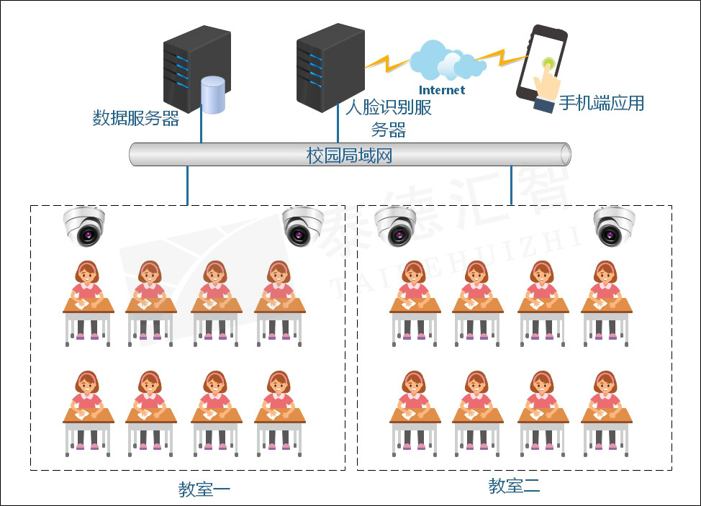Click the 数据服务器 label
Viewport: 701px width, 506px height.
click(x=136, y=119)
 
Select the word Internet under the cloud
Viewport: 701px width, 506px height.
click(x=442, y=90)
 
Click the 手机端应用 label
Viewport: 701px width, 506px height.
click(x=602, y=104)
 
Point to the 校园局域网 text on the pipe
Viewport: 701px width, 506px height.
click(x=350, y=155)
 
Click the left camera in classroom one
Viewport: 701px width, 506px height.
click(x=84, y=225)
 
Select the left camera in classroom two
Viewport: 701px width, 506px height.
click(x=395, y=225)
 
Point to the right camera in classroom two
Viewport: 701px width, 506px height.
click(x=614, y=225)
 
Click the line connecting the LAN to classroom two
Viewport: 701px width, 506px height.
click(x=511, y=185)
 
